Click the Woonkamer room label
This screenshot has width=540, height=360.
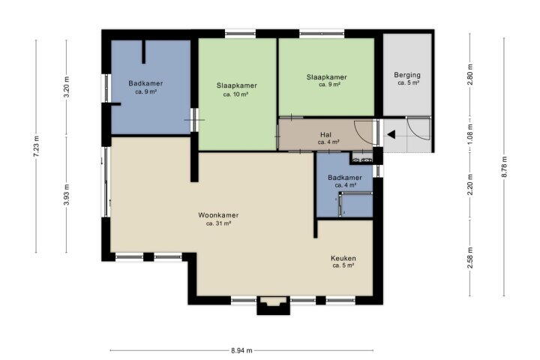click(218, 215)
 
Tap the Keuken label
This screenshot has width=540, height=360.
click(343, 258)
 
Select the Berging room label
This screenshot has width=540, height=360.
click(407, 75)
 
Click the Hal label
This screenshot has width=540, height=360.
click(325, 135)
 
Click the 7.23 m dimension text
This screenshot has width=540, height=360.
click(36, 146)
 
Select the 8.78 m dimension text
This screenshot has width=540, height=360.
click(504, 167)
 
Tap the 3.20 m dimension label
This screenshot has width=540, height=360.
click(67, 87)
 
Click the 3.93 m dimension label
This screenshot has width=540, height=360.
click(67, 195)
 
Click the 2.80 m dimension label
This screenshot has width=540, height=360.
click(470, 74)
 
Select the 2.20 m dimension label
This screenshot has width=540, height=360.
click(470, 184)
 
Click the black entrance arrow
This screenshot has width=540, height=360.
click(391, 135)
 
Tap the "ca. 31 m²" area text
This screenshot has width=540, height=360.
click(218, 223)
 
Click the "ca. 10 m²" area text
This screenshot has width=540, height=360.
click(236, 94)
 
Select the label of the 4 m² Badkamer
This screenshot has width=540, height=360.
click(345, 178)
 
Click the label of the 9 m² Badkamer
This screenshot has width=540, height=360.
click(145, 83)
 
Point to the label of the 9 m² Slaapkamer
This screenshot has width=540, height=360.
click(326, 77)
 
